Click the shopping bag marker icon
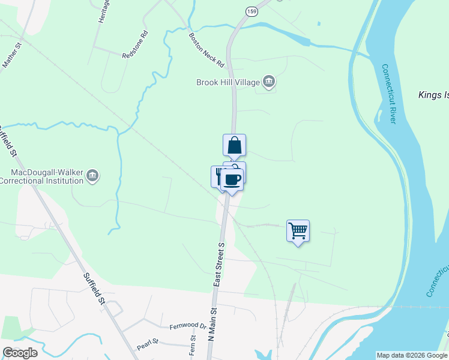pyautogui.click(x=235, y=146)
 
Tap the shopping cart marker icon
pyautogui.click(x=298, y=231)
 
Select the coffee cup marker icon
pyautogui.click(x=232, y=179)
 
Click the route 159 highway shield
pyautogui.click(x=251, y=11)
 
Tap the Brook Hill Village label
pyautogui.click(x=227, y=82)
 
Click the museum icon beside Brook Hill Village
pyautogui.click(x=269, y=82)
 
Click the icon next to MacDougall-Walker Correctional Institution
pyautogui.click(x=92, y=176)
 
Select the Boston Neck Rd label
pyautogui.click(x=206, y=49)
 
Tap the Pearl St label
pyautogui.click(x=146, y=344)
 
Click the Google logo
pyautogui.click(x=20, y=352)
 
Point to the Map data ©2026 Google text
pyautogui.click(x=412, y=355)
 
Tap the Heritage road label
pyautogui.click(x=102, y=12)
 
